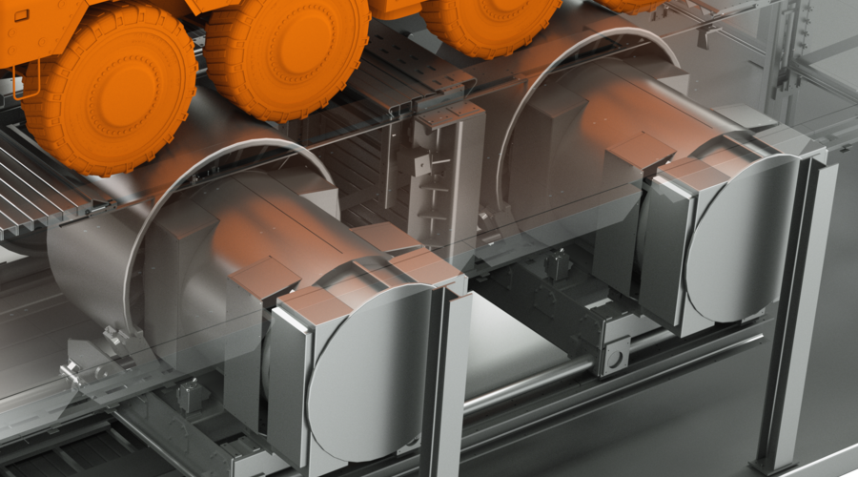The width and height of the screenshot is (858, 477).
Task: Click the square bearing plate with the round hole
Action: click(x=616, y=355)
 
